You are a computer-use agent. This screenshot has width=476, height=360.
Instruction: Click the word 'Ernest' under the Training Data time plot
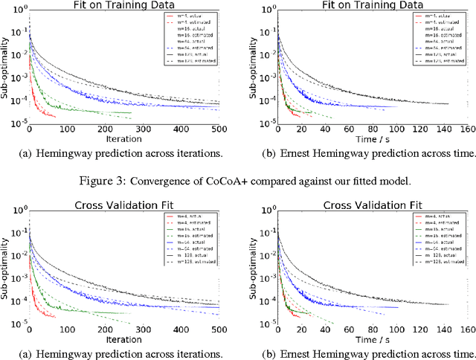[307, 154]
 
